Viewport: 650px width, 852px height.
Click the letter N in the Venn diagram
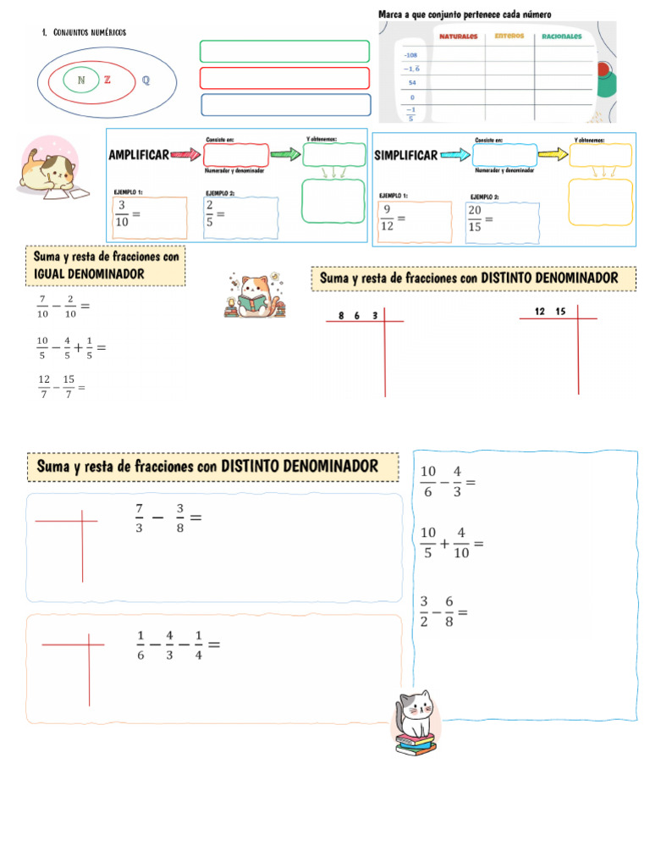point(80,80)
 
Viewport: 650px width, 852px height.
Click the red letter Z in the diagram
point(107,80)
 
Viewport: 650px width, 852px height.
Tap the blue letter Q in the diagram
point(146,81)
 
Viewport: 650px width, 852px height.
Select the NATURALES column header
point(458,36)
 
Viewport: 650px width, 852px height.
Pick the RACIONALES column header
point(561,36)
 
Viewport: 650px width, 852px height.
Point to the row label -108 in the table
point(410,54)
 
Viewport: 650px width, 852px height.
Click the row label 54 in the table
point(411,83)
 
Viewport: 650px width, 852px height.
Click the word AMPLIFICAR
point(139,155)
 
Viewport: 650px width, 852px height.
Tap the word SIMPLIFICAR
point(406,155)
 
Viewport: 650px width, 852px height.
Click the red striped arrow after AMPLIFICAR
point(185,155)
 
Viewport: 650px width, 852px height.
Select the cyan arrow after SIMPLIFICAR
point(454,155)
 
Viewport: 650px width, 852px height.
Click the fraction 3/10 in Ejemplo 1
point(123,213)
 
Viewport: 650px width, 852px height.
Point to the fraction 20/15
point(475,219)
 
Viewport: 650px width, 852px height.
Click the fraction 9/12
point(387,219)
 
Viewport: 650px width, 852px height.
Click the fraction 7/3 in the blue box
point(139,516)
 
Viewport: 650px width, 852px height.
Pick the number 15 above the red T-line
point(560,312)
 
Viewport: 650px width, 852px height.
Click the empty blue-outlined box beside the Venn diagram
point(286,105)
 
